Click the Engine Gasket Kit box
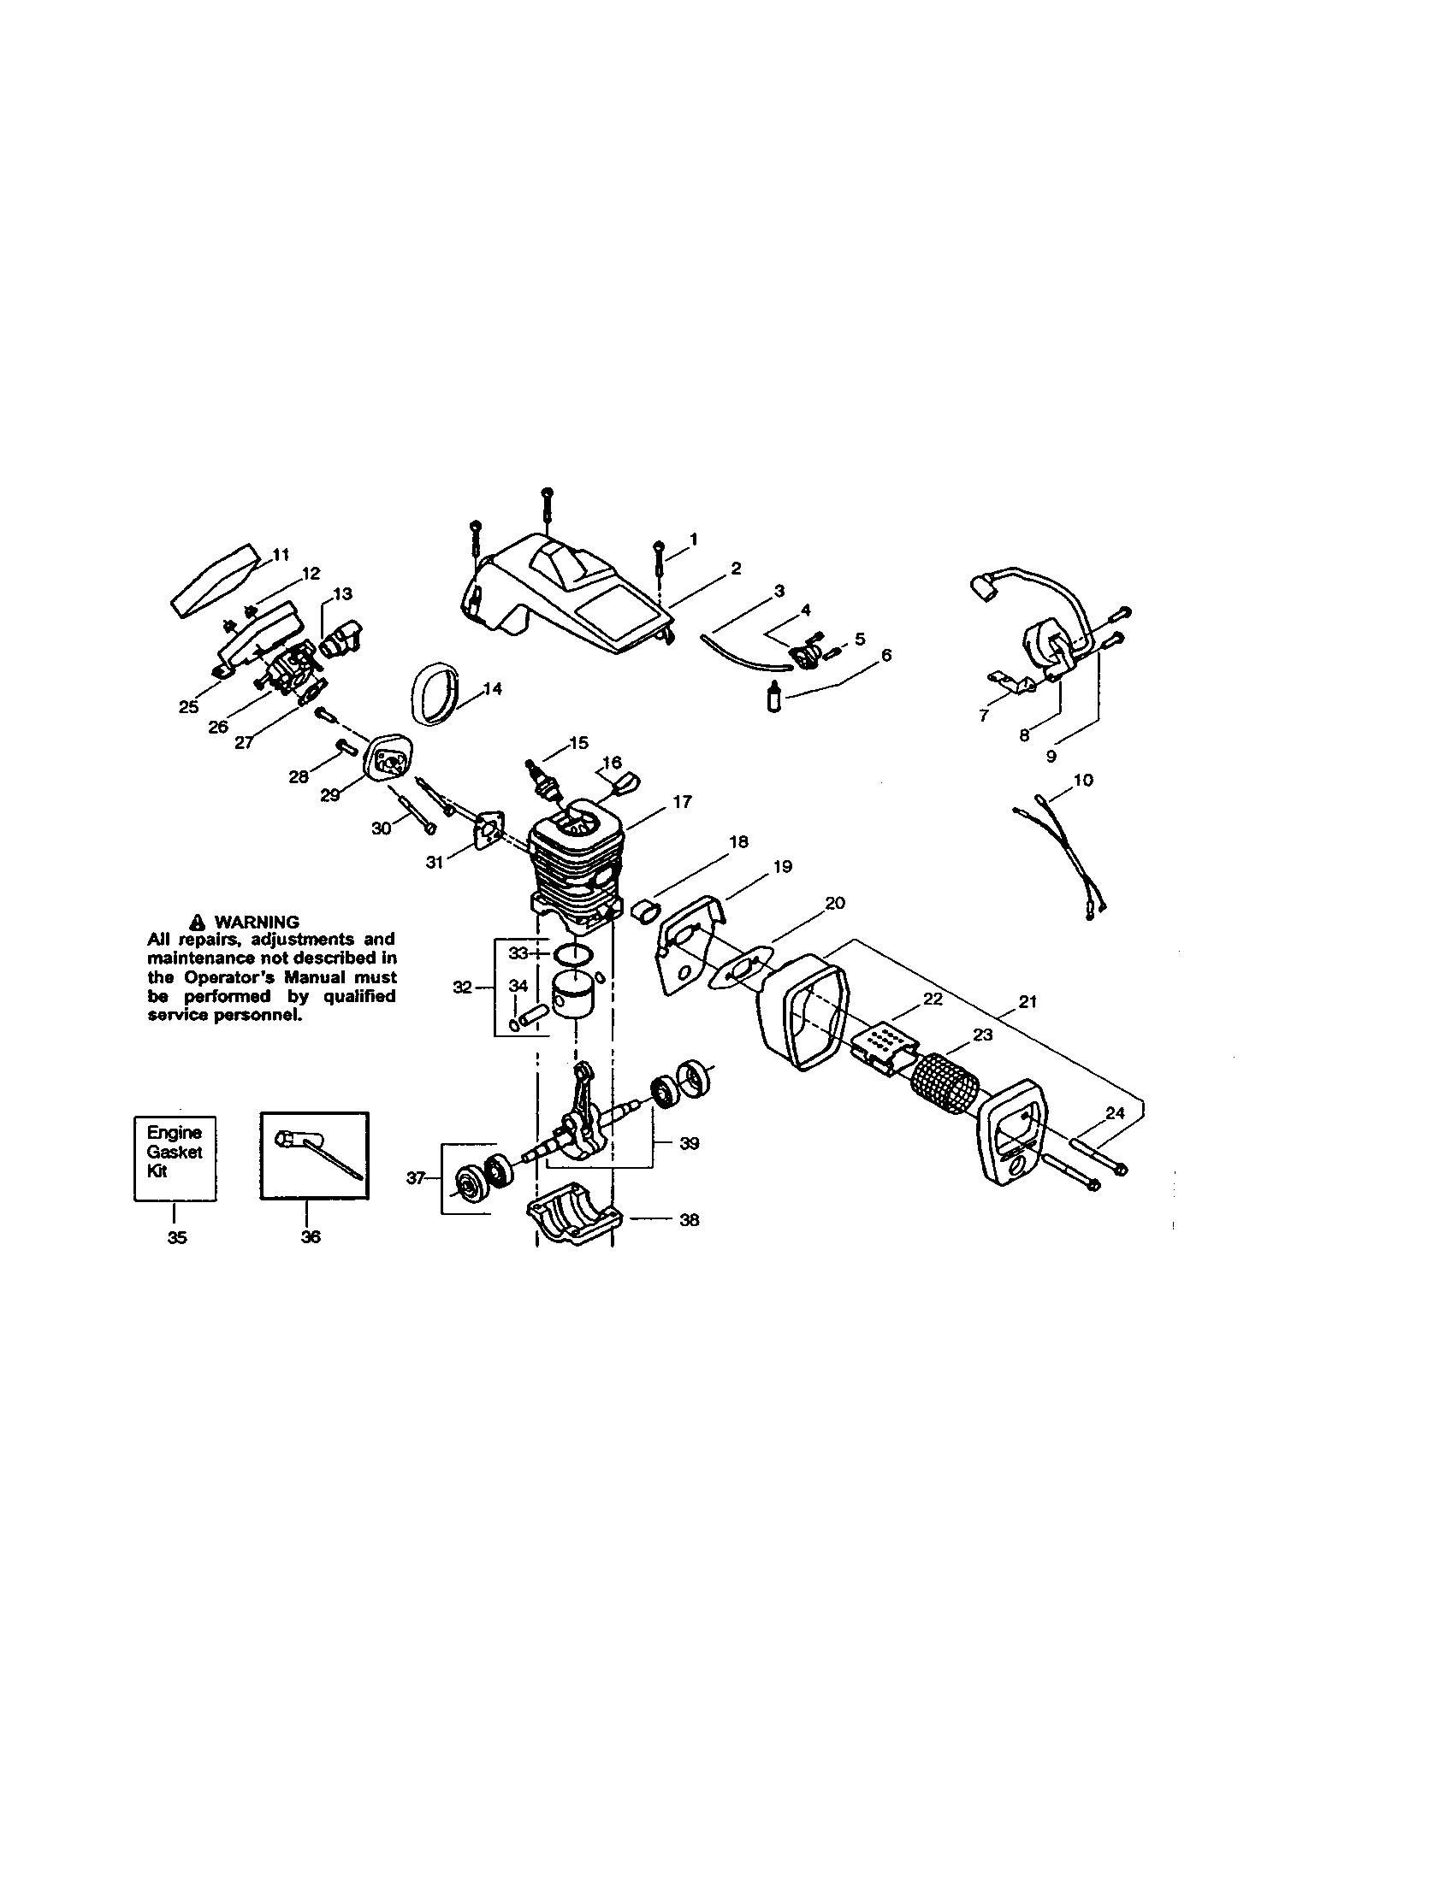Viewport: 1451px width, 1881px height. tap(175, 1158)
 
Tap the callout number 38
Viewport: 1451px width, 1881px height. tap(690, 1219)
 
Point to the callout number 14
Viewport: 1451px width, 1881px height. tap(493, 688)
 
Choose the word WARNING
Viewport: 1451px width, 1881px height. tap(257, 922)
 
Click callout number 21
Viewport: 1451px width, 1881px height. tap(1027, 1002)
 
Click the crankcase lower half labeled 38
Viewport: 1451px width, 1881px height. tap(572, 1223)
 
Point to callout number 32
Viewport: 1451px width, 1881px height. tap(463, 987)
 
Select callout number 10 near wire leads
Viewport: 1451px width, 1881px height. tap(1083, 780)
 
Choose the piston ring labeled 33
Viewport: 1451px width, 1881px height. tap(572, 954)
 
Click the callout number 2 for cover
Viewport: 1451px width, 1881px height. tap(736, 568)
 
